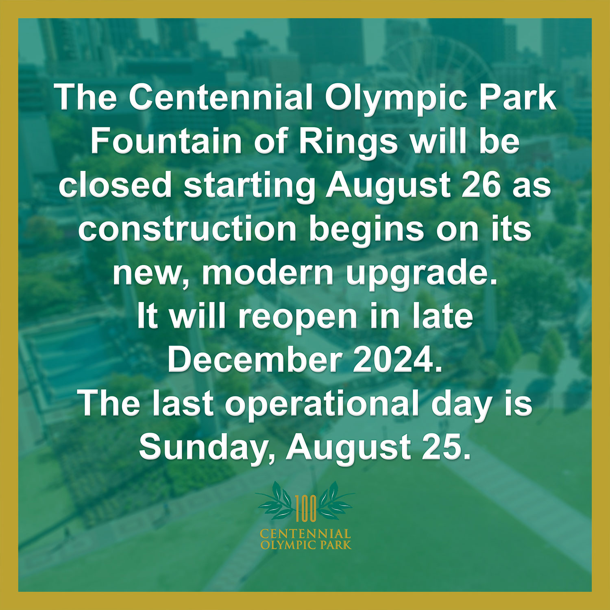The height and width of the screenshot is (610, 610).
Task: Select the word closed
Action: [116, 185]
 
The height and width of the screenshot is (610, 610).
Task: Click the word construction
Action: [187, 229]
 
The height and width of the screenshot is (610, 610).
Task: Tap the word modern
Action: [267, 273]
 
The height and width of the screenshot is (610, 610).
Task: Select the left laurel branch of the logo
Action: [277, 501]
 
